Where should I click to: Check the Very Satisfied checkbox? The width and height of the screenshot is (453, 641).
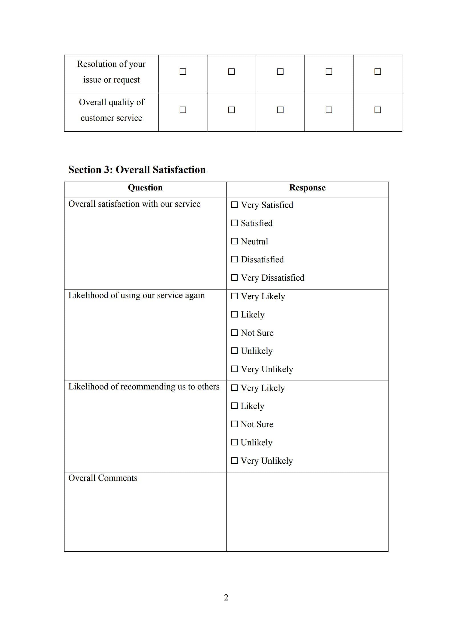coord(234,205)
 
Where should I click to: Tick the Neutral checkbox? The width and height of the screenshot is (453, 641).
coord(234,241)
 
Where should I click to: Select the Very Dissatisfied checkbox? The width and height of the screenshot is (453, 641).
coord(234,278)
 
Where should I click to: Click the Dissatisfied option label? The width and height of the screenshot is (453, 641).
coord(262,259)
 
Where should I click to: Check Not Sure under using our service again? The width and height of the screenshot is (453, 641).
coord(234,333)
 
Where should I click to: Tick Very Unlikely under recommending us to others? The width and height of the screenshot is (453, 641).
coord(234,461)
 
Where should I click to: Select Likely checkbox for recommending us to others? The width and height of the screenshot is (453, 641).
coord(234,406)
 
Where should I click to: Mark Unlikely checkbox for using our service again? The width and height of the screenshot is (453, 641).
coord(234,351)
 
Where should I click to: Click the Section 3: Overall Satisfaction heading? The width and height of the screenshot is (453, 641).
coord(137,170)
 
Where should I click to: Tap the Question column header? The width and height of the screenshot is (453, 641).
coord(145,188)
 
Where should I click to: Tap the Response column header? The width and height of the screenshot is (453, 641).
coord(307,188)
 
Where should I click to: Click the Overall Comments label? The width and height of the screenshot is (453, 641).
coord(103,478)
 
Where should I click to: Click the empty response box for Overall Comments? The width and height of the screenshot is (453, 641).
coord(307,512)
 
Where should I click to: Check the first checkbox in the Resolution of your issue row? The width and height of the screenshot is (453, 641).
coord(183,72)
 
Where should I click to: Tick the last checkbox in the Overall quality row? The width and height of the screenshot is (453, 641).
coord(377,110)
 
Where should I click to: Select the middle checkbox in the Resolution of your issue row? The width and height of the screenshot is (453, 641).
coord(280,72)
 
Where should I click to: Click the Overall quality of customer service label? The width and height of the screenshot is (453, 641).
coord(111,110)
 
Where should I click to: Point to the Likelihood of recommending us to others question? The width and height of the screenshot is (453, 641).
coord(144,387)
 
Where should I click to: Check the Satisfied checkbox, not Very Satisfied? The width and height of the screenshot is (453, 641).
coord(234,223)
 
